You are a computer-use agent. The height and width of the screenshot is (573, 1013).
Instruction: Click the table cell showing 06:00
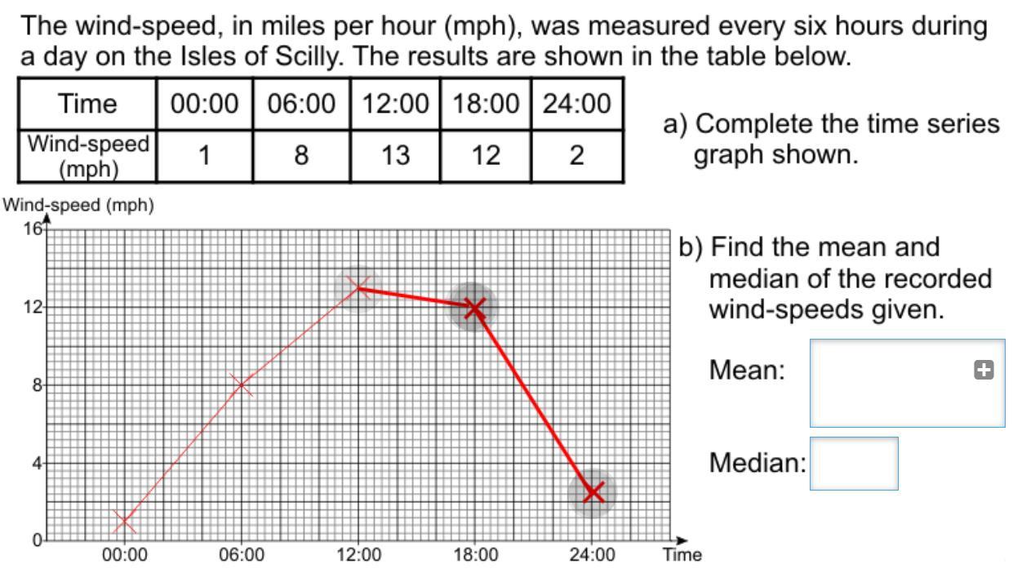301,104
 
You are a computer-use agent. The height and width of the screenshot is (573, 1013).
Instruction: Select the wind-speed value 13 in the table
395,156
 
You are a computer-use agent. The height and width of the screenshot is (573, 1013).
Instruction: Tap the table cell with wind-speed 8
301,156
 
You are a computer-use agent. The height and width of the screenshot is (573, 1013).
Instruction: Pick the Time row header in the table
88,104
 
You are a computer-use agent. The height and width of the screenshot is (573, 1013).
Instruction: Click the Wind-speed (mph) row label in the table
88,156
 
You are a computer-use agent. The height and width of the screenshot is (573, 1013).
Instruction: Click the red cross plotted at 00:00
124,520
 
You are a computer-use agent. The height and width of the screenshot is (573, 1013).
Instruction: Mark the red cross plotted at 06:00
241,384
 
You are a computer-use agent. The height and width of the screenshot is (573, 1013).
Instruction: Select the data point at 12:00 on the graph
358,287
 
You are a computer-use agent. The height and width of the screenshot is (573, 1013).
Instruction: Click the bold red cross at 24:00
593,491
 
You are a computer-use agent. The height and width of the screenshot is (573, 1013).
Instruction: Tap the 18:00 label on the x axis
475,556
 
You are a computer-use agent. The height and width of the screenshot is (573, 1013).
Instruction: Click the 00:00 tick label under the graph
124,556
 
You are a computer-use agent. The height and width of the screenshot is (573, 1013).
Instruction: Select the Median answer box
853,463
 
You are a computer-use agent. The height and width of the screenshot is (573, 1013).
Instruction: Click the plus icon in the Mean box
984,371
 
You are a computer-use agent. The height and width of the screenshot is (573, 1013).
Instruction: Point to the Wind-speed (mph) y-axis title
79,206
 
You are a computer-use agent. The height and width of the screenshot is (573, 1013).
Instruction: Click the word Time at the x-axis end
682,556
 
